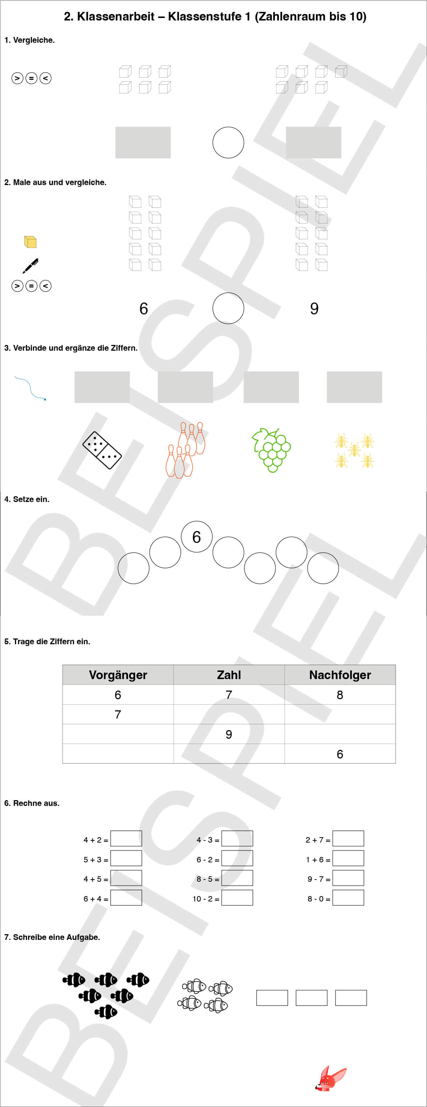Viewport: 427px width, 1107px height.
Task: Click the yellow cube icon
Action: (x=30, y=242)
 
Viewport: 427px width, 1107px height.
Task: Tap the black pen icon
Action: (x=31, y=266)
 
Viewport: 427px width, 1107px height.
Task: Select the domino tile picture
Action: (x=102, y=450)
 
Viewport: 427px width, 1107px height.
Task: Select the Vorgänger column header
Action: (x=118, y=675)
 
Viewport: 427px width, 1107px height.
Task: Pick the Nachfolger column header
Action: (x=340, y=675)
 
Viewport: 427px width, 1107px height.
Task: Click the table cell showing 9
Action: (x=229, y=734)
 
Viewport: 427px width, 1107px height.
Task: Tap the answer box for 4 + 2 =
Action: (x=126, y=838)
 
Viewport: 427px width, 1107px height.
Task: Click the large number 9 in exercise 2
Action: (x=314, y=309)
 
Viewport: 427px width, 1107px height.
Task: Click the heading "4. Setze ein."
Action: (x=27, y=499)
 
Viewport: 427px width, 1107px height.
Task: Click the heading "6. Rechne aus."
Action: (x=32, y=803)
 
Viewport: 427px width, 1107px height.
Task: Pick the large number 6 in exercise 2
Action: (x=144, y=309)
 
